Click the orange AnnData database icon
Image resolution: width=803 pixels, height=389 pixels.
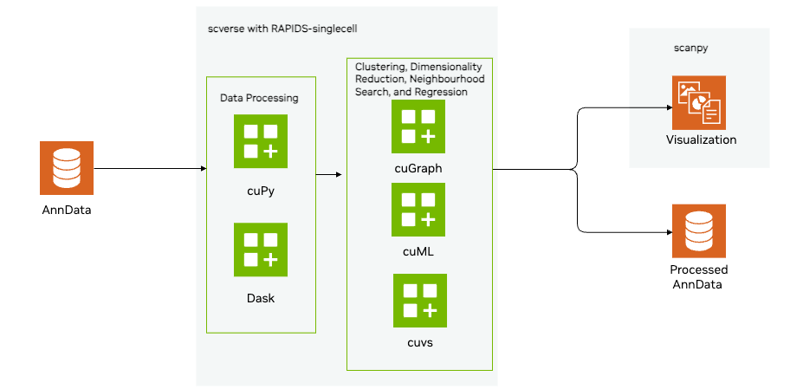coord(66,168)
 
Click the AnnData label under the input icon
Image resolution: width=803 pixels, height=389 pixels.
coord(66,210)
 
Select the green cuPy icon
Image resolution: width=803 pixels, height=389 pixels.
coord(260,141)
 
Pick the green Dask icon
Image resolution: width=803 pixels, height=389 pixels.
coord(260,250)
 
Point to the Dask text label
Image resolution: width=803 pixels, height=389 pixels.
coord(260,298)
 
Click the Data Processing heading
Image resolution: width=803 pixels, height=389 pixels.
coord(259,98)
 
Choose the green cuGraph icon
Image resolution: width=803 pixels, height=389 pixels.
coord(418,126)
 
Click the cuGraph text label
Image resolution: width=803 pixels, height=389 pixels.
coord(418,169)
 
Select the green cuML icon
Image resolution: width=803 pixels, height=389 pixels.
coord(418,210)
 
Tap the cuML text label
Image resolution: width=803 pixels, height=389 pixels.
coord(418,251)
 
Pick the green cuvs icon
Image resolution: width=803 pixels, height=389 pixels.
coord(419,301)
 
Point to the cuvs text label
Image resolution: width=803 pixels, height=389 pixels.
coord(418,342)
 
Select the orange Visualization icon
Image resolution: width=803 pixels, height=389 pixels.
coord(698,102)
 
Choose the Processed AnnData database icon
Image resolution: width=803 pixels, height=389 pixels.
coord(698,230)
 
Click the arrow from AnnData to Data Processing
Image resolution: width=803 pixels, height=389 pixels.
coord(147,168)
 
